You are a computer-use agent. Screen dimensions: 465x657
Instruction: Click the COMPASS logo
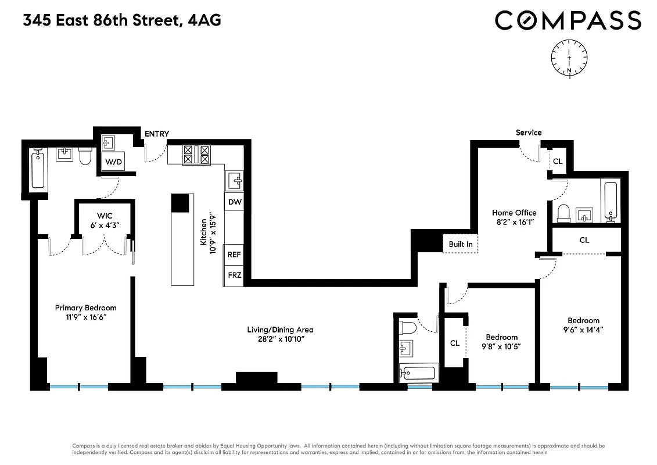(568, 20)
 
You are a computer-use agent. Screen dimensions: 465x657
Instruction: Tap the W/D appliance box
(113, 162)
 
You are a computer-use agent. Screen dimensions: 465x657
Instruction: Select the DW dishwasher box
(235, 202)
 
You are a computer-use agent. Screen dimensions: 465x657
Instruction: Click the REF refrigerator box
(234, 255)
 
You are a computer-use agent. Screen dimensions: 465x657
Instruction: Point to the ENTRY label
(157, 134)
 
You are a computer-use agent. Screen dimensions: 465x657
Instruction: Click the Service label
(529, 133)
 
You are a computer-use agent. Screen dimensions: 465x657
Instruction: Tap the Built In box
(461, 244)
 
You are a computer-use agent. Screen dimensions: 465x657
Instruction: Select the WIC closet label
(105, 216)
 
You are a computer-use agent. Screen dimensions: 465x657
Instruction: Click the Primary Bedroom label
(85, 307)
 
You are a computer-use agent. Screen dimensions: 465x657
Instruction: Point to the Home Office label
(514, 213)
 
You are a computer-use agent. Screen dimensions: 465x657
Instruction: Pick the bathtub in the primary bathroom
(38, 169)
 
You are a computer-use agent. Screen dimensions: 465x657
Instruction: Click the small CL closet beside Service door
(558, 161)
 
